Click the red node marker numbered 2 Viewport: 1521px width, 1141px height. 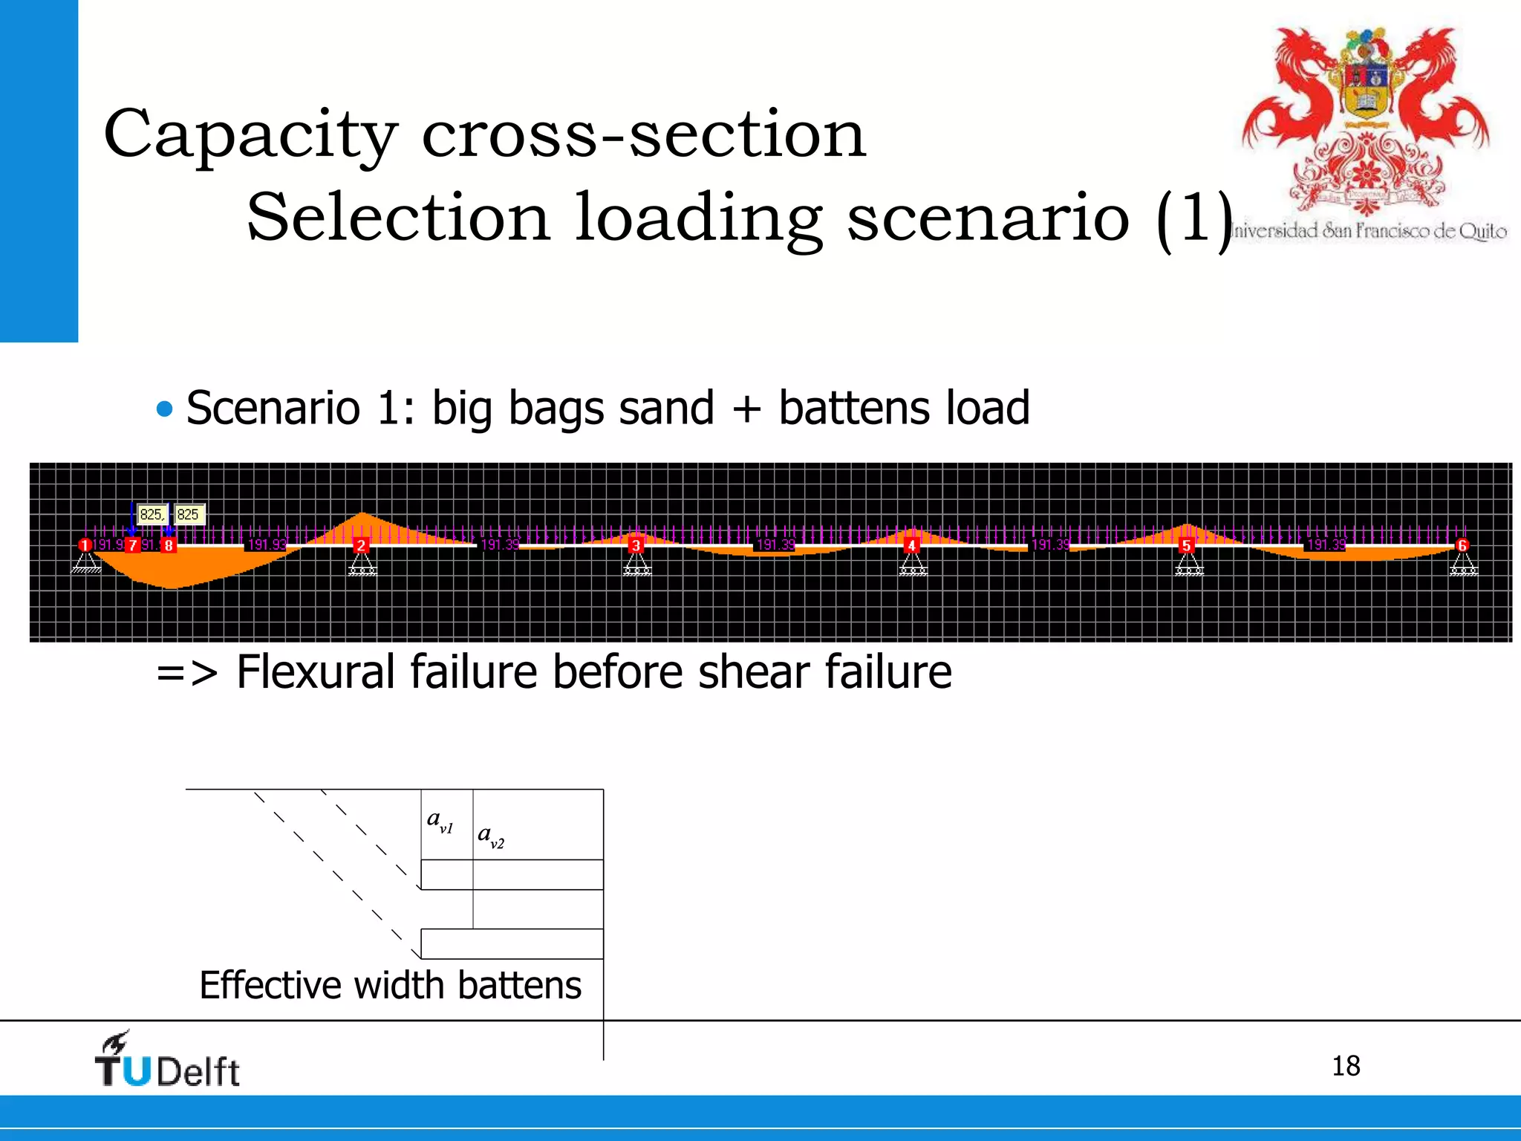coord(361,545)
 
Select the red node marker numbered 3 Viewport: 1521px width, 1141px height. coord(636,545)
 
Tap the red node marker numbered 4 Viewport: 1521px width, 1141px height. coord(911,545)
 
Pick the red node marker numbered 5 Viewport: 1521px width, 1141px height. coord(1186,545)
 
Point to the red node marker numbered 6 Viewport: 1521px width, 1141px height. coord(1462,545)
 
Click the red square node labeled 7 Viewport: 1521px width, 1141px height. coord(132,545)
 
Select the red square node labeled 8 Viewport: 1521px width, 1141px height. coord(169,545)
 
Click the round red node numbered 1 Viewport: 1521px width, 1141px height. coord(85,545)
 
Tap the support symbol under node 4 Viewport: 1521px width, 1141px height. coord(913,566)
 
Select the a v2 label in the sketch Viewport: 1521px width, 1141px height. coord(491,836)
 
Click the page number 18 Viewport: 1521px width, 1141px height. coord(1345,1066)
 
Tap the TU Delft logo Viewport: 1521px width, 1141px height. coord(168,1061)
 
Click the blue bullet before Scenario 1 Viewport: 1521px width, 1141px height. coord(165,409)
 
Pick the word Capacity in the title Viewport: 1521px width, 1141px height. coord(250,135)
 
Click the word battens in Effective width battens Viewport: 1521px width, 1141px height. coord(519,986)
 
